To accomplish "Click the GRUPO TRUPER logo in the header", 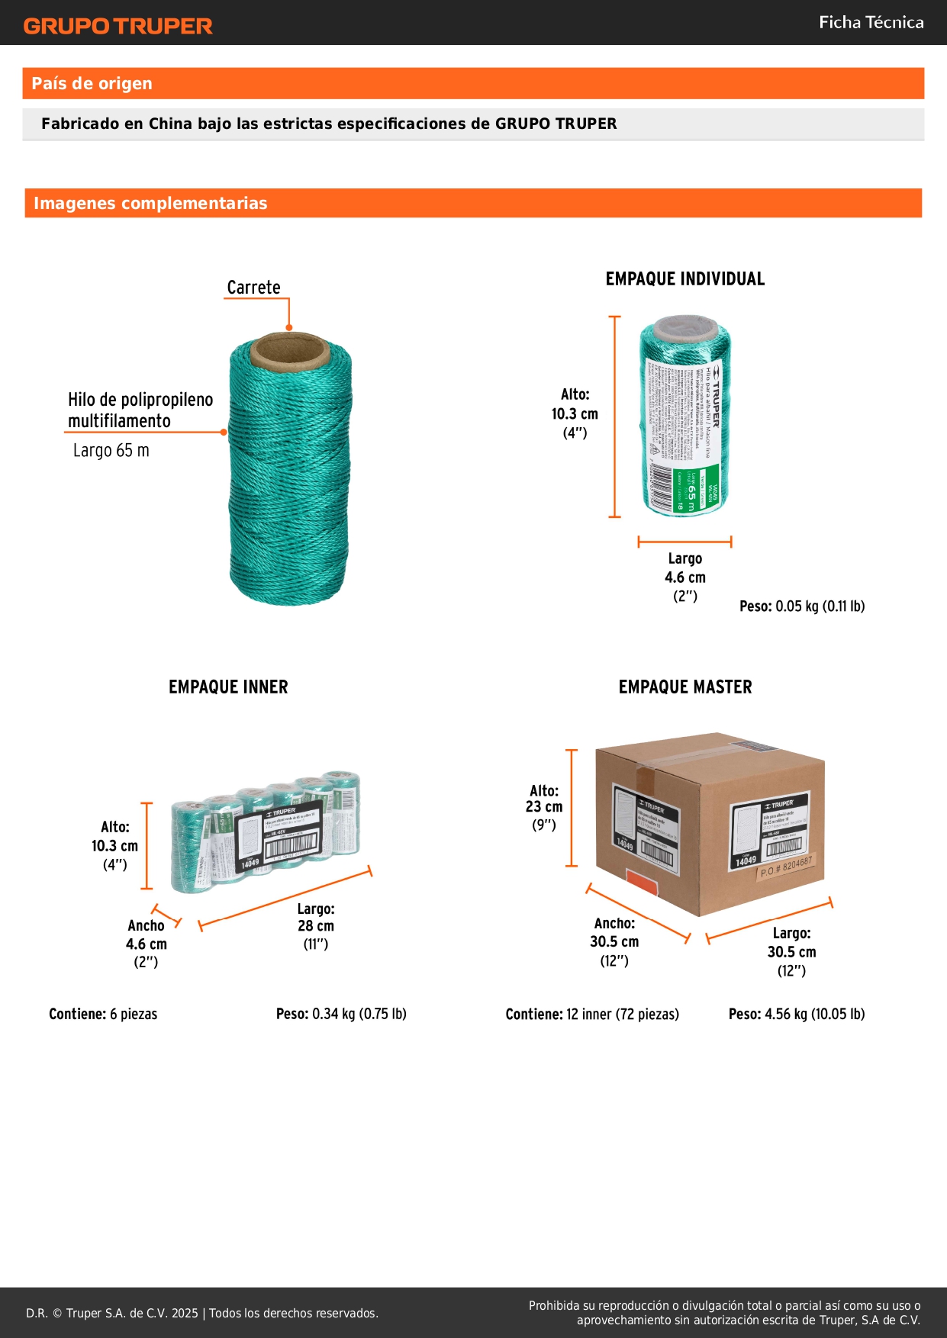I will click(x=118, y=26).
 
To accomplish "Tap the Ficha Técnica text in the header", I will click(x=871, y=23).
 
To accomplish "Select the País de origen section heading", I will click(x=92, y=84).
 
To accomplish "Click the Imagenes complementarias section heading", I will click(x=150, y=204).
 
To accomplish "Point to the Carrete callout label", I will click(x=253, y=288).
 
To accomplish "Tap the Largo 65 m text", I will click(x=111, y=451).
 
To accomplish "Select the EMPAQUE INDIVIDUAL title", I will click(x=684, y=279).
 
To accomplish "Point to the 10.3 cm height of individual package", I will click(x=575, y=414).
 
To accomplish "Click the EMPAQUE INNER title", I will click(x=228, y=687).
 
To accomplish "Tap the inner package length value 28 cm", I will click(x=316, y=926).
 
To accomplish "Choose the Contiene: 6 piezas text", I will click(x=103, y=1015).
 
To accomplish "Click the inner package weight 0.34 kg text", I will click(x=341, y=1015).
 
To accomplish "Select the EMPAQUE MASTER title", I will click(x=684, y=687).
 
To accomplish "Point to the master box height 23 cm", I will click(x=544, y=807).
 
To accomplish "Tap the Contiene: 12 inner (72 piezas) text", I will click(x=592, y=1015).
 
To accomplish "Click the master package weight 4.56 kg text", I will click(x=796, y=1015).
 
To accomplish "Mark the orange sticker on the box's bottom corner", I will click(x=641, y=886).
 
